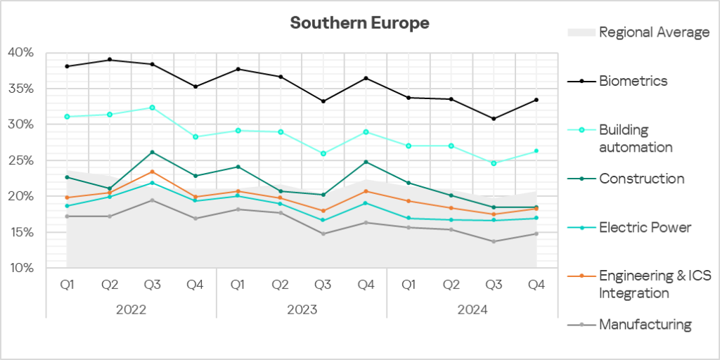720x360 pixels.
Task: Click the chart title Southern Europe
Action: (x=359, y=23)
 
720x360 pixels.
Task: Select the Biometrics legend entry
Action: (x=633, y=81)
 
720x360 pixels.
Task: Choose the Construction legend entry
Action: (x=641, y=179)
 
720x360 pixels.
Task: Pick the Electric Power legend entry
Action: (x=645, y=227)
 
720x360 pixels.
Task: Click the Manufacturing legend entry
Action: (x=645, y=325)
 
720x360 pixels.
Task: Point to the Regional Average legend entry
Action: (x=654, y=32)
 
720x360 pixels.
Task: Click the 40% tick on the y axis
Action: (x=21, y=53)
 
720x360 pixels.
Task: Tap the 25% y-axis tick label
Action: (x=21, y=160)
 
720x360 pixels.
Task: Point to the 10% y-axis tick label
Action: (x=21, y=268)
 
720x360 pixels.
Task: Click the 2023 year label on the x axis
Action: (x=302, y=309)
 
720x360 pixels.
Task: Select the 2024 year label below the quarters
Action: (x=472, y=309)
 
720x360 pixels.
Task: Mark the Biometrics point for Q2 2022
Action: (x=110, y=60)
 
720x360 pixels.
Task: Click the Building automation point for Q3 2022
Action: (x=153, y=108)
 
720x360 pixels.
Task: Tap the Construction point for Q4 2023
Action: (x=366, y=162)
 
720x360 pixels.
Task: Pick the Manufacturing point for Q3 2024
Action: (x=494, y=241)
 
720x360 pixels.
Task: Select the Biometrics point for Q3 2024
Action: (x=494, y=119)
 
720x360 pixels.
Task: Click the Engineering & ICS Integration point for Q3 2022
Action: (x=153, y=172)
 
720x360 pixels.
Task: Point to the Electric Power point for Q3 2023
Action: (x=323, y=220)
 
